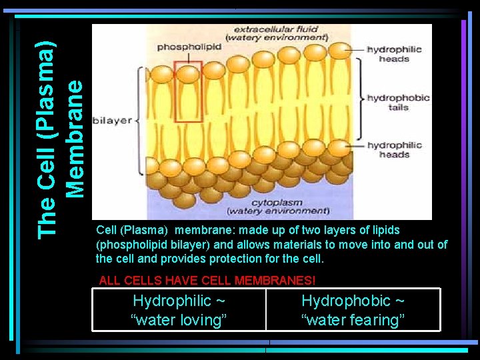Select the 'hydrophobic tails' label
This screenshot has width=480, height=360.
398,102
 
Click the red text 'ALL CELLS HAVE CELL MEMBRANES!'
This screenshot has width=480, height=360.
207,281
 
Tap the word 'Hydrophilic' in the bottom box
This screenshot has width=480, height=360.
172,301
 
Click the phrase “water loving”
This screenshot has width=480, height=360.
179,320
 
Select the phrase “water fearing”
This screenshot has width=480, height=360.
353,320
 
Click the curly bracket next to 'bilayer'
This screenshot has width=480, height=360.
138,121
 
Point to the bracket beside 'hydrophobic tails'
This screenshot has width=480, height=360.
360,99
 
